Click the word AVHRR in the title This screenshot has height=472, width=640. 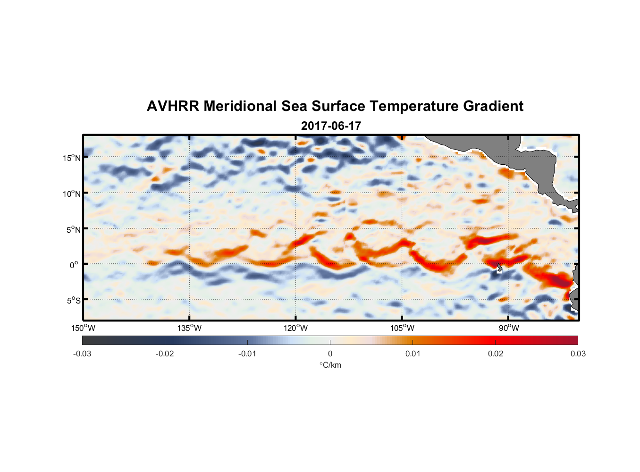pos(173,106)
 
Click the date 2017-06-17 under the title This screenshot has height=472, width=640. pos(331,126)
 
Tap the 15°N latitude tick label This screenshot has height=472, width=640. pos(71,158)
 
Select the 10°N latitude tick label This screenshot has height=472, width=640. pos(71,194)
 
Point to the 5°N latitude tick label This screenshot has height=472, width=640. pos(73,229)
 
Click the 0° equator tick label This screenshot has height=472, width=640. pos(74,265)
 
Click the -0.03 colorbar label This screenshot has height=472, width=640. pos(82,354)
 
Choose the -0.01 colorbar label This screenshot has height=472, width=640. pos(247,354)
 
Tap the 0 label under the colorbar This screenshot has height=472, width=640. pos(330,354)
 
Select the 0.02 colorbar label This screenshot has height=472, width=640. pos(496,354)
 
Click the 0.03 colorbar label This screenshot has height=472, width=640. pos(578,354)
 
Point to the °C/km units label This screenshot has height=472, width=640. pos(330,365)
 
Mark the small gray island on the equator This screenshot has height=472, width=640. pos(499,268)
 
